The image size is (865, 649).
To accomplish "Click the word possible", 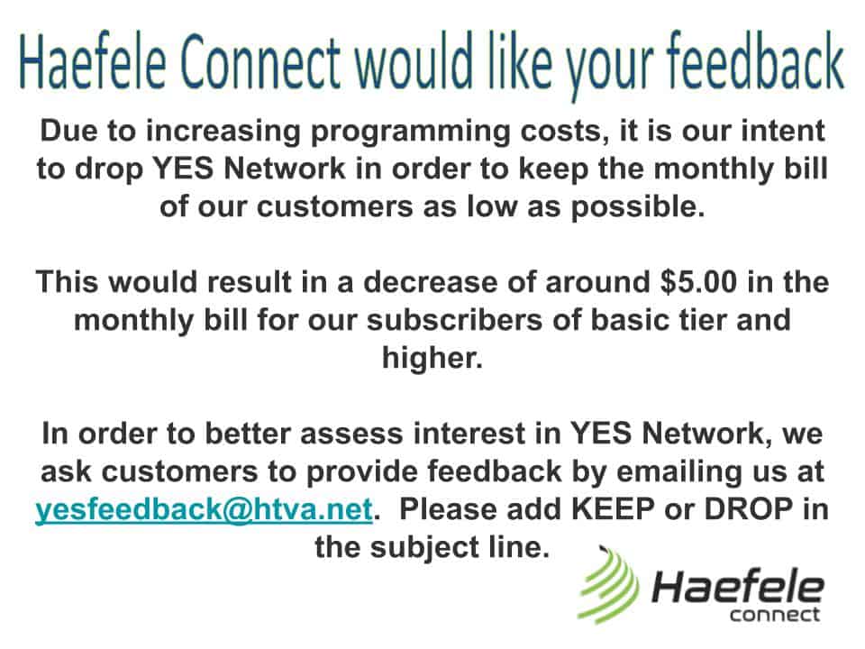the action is click(637, 207).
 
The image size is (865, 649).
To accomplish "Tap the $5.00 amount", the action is click(697, 281).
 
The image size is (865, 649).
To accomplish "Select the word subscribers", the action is click(454, 320).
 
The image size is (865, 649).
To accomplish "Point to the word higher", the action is click(432, 359).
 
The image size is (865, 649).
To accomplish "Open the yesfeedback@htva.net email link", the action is click(205, 508).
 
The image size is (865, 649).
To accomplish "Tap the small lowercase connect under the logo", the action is click(775, 614).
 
